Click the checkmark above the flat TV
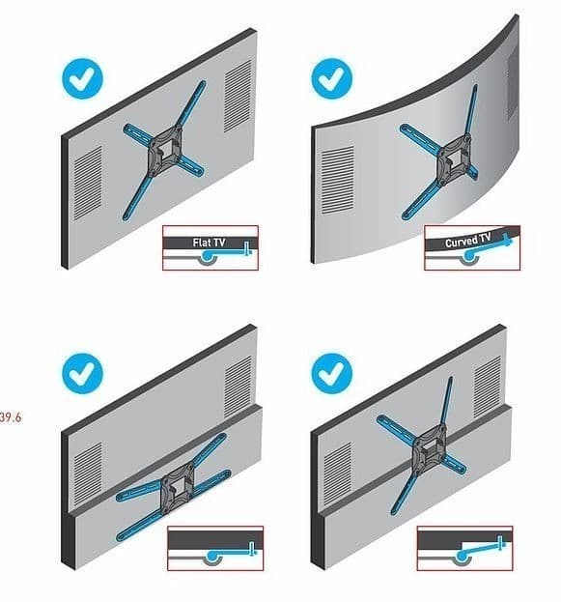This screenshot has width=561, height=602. coord(82,78)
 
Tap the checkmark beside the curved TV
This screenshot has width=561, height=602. coord(331,78)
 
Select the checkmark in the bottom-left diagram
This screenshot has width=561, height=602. coord(82,374)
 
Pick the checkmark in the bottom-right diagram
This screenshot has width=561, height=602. coord(331,374)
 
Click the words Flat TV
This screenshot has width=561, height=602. coord(209,243)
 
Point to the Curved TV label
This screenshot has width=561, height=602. coord(467,241)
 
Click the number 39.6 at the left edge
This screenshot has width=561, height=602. coord(11,417)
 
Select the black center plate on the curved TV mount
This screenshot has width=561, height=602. coord(455,158)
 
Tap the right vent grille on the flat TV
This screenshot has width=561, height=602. coord(238,96)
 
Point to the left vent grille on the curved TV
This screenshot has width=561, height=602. coord(337,180)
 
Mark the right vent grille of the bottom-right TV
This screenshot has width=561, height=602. coord(488,387)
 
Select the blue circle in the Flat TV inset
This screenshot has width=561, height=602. coord(208,256)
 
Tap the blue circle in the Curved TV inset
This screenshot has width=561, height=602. coord(468,256)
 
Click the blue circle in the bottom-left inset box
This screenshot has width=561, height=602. coord(212,556)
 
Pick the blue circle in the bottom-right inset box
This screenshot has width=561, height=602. coord(462,556)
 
